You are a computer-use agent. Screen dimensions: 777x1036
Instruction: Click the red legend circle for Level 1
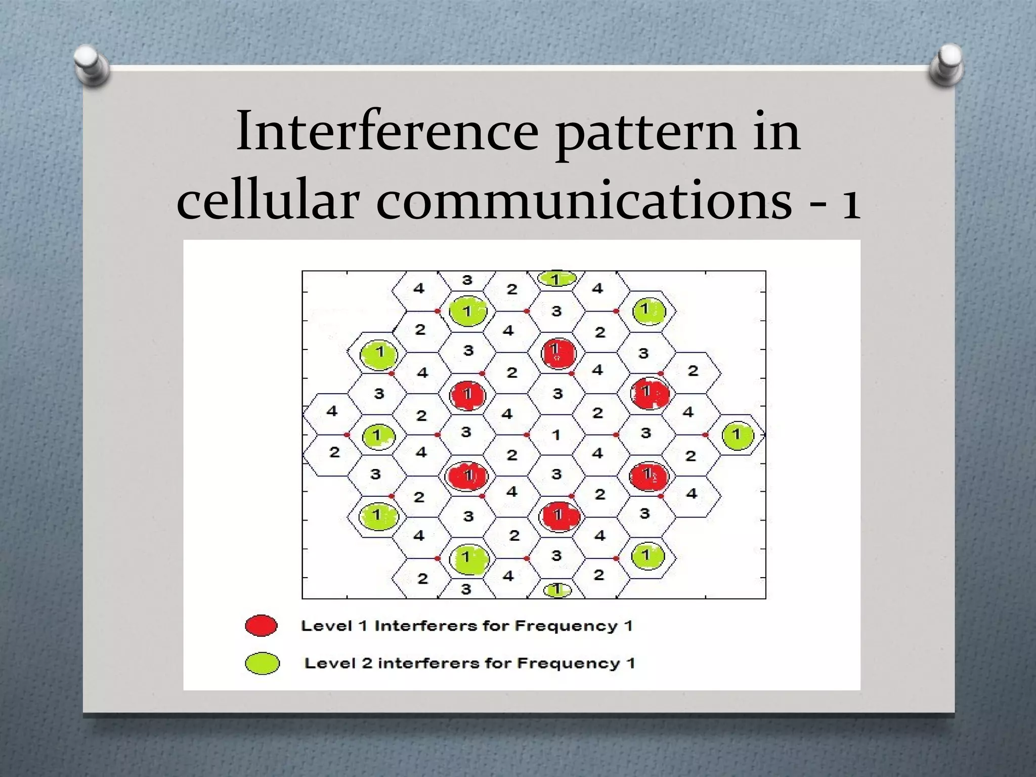[x=261, y=626]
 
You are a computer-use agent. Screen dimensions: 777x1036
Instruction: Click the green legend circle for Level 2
[x=262, y=663]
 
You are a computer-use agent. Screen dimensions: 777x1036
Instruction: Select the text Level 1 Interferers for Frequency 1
[x=466, y=626]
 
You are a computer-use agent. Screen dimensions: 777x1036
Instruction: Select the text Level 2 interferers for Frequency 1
[x=469, y=663]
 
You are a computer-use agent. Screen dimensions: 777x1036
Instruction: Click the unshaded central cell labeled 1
[x=556, y=435]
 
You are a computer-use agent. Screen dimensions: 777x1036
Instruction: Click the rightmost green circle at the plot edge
[x=738, y=436]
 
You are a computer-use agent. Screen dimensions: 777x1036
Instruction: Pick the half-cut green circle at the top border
[x=556, y=278]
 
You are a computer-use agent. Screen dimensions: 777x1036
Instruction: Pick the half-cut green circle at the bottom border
[x=557, y=590]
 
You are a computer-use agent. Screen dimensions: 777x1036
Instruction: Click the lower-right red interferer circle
[x=649, y=476]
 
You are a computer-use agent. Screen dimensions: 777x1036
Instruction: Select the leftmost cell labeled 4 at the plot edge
[x=331, y=411]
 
